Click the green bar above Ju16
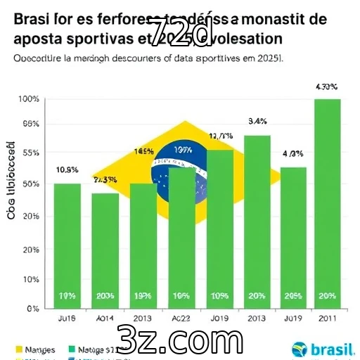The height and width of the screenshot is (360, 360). [x=67, y=245]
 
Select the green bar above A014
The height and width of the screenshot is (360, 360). [x=105, y=250]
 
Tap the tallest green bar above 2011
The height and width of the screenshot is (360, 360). [x=327, y=203]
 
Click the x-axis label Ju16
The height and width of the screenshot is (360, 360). [x=67, y=318]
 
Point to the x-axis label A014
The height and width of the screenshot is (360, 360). [x=105, y=318]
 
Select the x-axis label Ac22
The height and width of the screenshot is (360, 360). [x=181, y=318]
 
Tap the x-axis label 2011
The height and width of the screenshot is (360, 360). [x=327, y=318]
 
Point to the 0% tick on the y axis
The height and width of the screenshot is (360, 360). [x=32, y=308]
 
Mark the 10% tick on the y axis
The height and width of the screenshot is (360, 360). [x=30, y=279]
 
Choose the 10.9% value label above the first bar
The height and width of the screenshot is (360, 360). [x=67, y=169]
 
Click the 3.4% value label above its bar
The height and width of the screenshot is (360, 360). [x=257, y=121]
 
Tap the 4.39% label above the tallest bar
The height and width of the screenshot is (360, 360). [x=327, y=87]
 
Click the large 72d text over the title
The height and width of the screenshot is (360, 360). [x=181, y=32]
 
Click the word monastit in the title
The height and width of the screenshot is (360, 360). [x=274, y=20]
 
